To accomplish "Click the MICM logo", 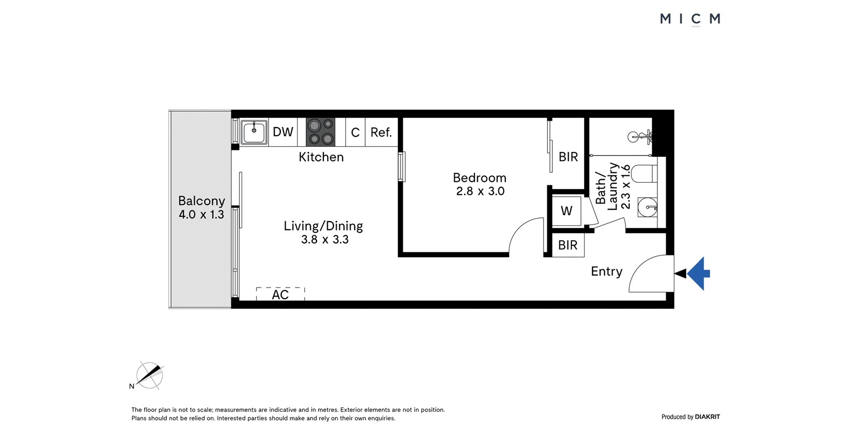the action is tap(690, 19).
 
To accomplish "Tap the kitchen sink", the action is tap(254, 132).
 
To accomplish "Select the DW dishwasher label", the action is tap(283, 132).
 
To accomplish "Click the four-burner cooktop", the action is tap(321, 132).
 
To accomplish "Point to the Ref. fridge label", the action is tap(381, 132).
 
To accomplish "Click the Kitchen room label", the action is tap(321, 157).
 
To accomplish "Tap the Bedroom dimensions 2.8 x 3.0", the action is tap(480, 191).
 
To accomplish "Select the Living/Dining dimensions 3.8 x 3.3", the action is tap(325, 240).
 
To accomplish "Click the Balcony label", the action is tap(202, 201).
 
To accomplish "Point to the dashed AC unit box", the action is tap(280, 294).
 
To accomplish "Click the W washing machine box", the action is tap(566, 211).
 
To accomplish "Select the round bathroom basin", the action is tap(647, 207).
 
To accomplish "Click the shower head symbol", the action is tap(640, 137).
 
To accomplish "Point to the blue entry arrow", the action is tap(698, 273).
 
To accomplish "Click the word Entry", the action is tap(607, 272).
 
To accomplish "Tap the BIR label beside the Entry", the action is tap(568, 246).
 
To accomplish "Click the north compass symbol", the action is tap(149, 376).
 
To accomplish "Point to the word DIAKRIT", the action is tap(707, 417).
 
